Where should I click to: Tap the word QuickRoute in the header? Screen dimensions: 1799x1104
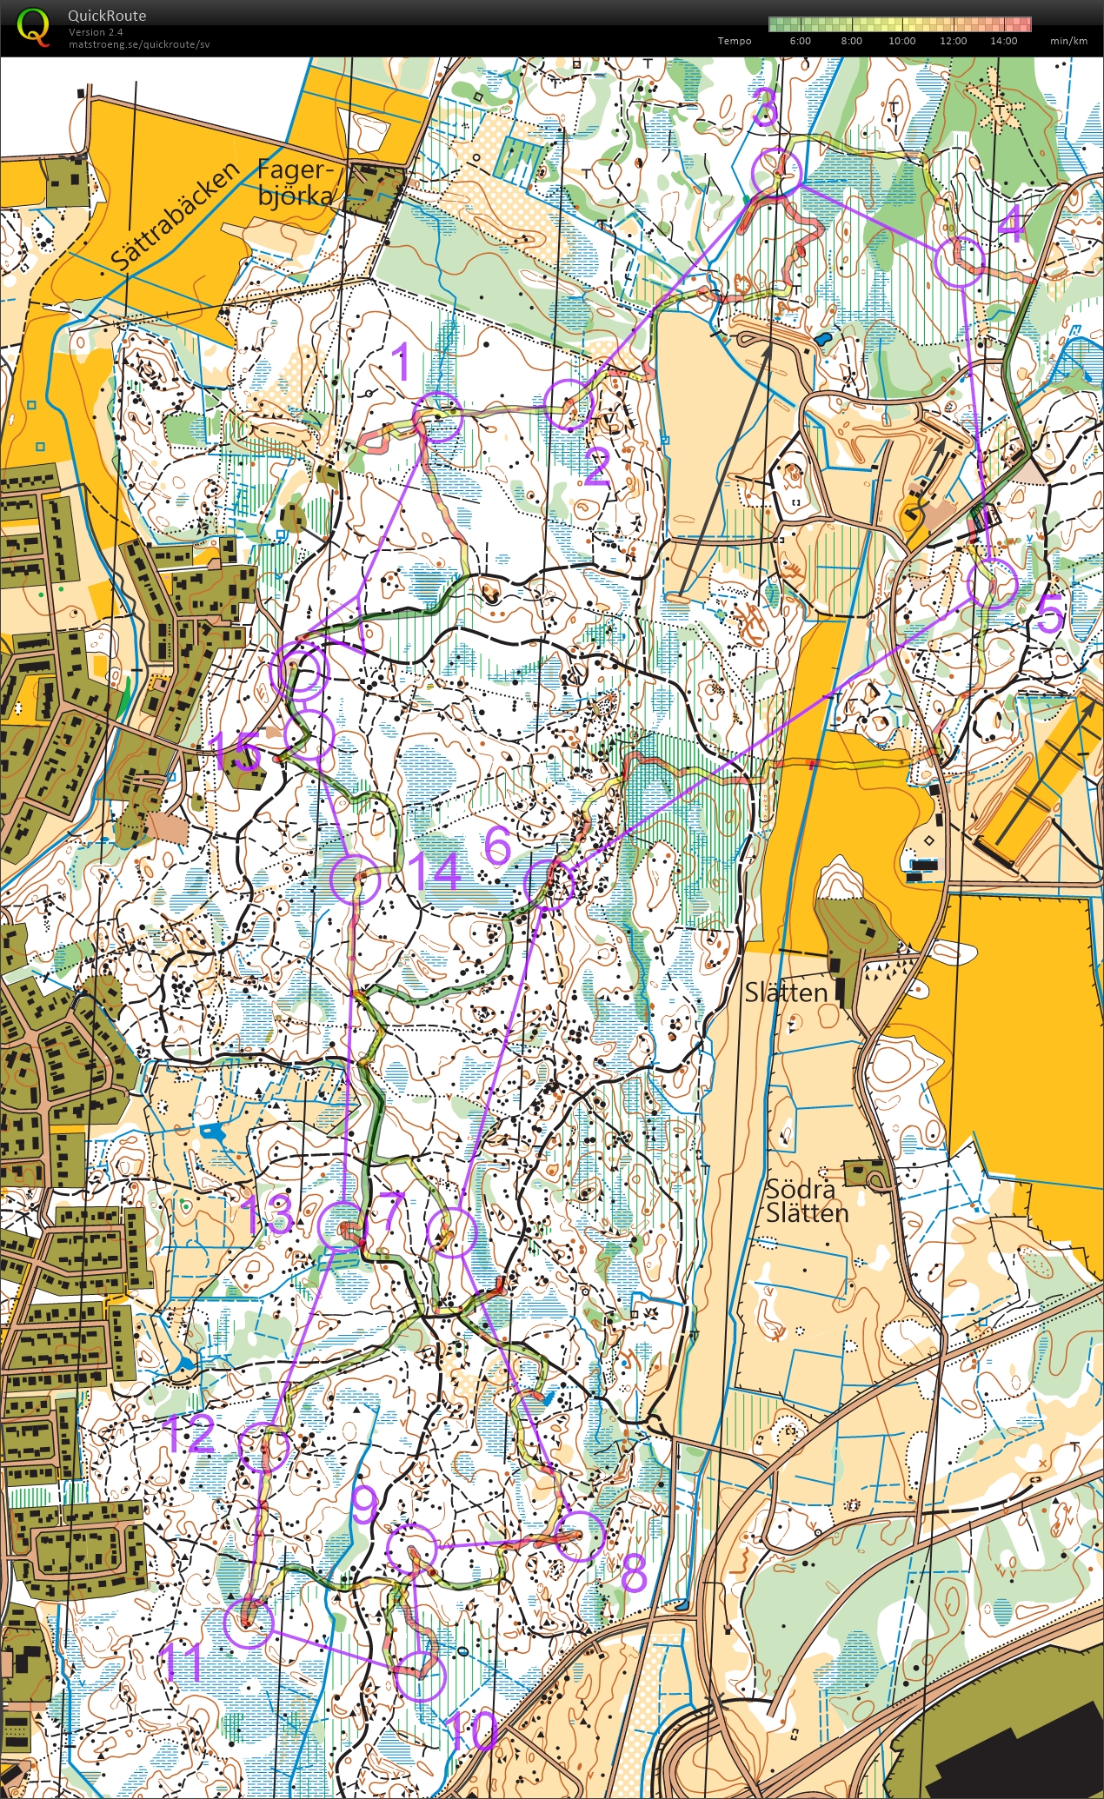107,16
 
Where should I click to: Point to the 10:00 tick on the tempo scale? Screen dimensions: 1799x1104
901,41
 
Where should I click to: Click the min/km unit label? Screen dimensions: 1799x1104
1068,41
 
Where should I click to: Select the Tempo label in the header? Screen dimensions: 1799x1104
735,41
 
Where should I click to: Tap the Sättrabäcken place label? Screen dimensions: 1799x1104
174,215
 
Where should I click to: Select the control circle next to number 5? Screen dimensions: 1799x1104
992,583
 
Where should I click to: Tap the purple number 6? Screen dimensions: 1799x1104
496,845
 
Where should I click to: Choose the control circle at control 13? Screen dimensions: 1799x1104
340,1226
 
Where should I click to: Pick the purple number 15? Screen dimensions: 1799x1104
236,753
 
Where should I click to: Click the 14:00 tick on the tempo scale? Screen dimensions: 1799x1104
1003,41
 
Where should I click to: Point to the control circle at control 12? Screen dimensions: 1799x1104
264,1447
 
